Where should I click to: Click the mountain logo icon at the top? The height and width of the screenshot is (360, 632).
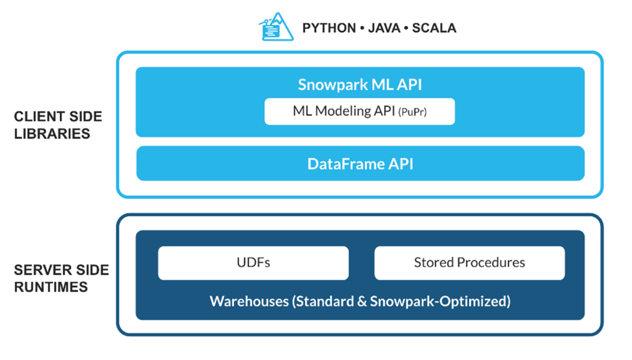click(x=276, y=27)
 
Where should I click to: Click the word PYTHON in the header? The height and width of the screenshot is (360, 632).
click(x=329, y=28)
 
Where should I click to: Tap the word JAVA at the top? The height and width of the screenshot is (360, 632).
click(x=384, y=28)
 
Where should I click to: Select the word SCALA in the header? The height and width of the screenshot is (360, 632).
click(x=434, y=28)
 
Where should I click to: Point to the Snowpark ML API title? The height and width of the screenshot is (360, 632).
click(x=360, y=85)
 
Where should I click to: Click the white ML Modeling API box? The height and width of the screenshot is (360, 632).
click(x=360, y=111)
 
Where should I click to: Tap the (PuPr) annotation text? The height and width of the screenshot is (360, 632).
click(x=412, y=112)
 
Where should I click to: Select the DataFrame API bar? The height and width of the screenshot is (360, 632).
click(x=360, y=163)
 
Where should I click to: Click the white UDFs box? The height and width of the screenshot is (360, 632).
click(x=253, y=263)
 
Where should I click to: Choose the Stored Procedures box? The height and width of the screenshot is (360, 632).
click(x=470, y=263)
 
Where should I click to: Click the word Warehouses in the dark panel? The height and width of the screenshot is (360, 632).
click(x=249, y=301)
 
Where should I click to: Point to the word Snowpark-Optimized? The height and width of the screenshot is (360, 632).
click(x=438, y=301)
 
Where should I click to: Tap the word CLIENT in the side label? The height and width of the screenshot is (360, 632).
click(x=36, y=117)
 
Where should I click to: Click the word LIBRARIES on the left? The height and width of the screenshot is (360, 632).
click(x=52, y=134)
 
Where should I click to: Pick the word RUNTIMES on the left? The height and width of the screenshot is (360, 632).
click(x=51, y=287)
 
